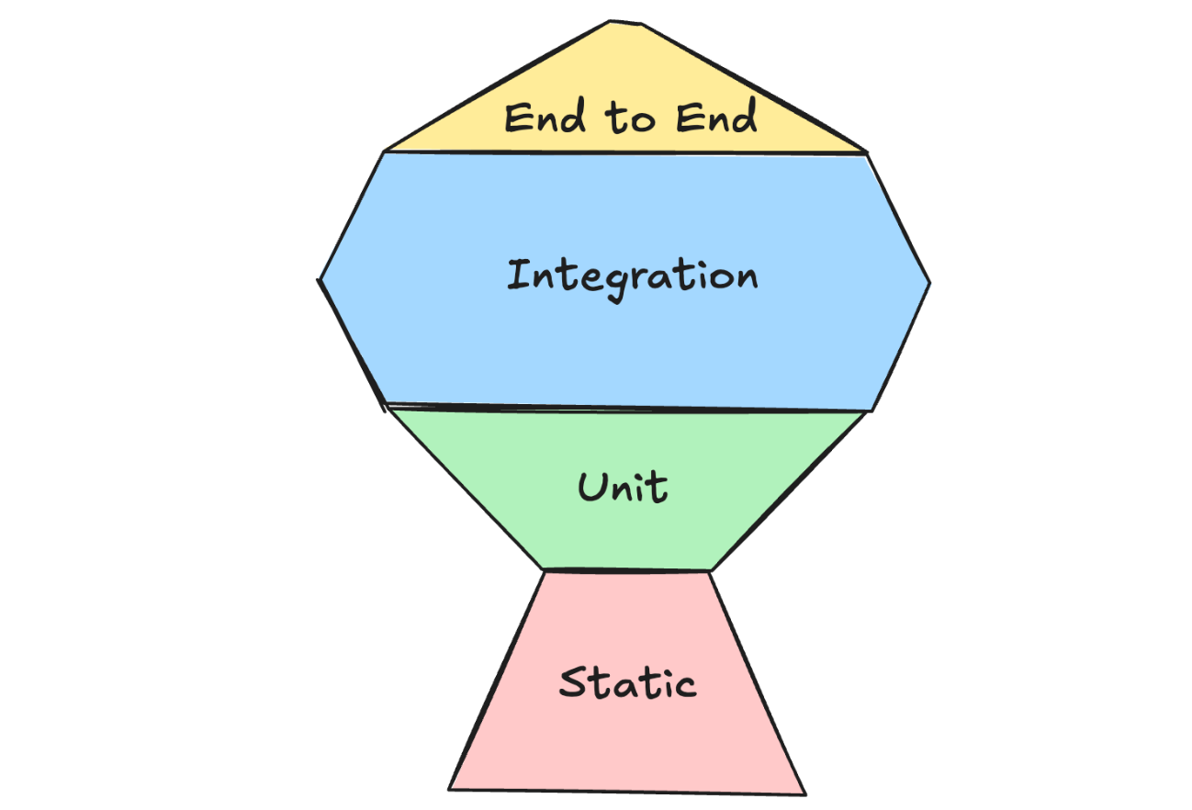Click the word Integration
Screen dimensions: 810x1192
[632, 276]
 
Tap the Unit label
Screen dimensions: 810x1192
[623, 487]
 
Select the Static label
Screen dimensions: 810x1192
[627, 683]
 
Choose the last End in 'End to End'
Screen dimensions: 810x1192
[716, 118]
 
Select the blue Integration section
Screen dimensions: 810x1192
[624, 349]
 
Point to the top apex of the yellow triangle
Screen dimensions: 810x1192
[612, 21]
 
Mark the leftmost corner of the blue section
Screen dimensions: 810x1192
[320, 278]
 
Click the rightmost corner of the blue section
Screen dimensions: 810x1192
[930, 282]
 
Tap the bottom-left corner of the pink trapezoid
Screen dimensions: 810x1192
[449, 788]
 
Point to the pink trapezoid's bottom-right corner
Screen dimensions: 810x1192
[805, 793]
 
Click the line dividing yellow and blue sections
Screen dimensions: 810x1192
[624, 153]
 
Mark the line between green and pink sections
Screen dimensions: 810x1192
[627, 570]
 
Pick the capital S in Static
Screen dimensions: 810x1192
[574, 683]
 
